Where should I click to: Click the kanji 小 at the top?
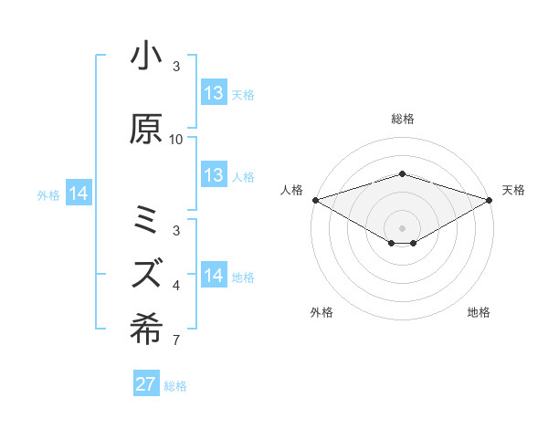pyautogui.click(x=146, y=58)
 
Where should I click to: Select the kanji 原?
pyautogui.click(x=146, y=130)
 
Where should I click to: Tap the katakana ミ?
pyautogui.click(x=146, y=220)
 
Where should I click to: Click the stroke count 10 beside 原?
pyautogui.click(x=176, y=140)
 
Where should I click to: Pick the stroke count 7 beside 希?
pyautogui.click(x=176, y=341)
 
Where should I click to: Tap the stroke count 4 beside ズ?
pyautogui.click(x=176, y=286)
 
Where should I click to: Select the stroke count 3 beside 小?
pyautogui.click(x=176, y=67)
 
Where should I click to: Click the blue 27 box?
pyautogui.click(x=146, y=384)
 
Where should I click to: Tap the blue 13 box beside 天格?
pyautogui.click(x=214, y=93)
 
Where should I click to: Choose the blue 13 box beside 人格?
pyautogui.click(x=214, y=175)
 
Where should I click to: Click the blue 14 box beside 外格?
pyautogui.click(x=79, y=194)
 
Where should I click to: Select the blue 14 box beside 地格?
pyautogui.click(x=214, y=276)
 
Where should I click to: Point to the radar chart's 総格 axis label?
pyautogui.click(x=402, y=119)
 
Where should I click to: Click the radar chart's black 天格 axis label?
pyautogui.click(x=513, y=190)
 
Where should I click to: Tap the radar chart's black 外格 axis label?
pyautogui.click(x=321, y=312)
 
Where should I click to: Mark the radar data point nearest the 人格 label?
pyautogui.click(x=315, y=199)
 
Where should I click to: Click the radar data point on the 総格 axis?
pyautogui.click(x=402, y=174)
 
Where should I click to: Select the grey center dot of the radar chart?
pyautogui.click(x=402, y=226)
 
